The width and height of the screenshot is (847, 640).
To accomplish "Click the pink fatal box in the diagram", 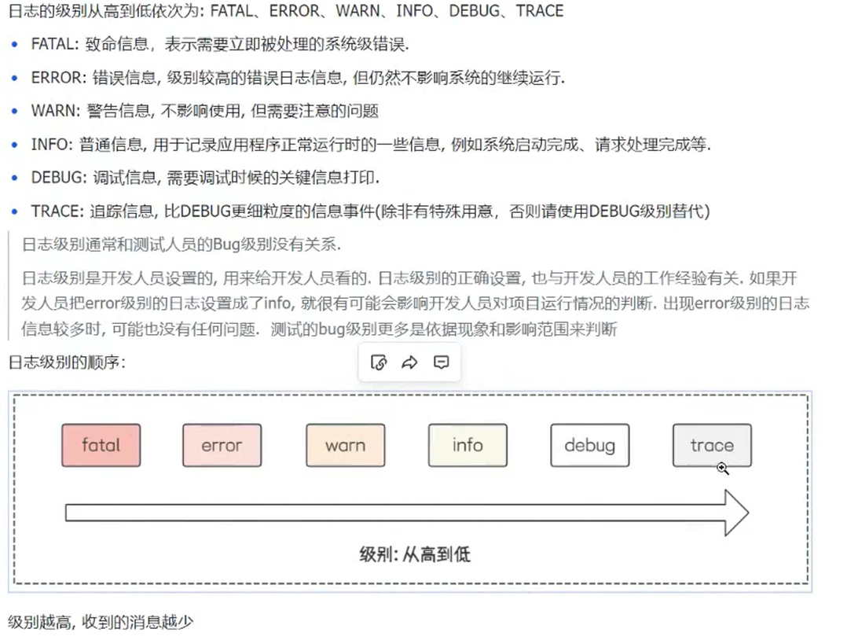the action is click(101, 445).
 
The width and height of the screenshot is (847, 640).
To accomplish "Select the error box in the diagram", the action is click(222, 445).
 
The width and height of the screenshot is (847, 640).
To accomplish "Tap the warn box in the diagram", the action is click(345, 445).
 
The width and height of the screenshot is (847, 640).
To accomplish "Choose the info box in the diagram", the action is click(467, 445).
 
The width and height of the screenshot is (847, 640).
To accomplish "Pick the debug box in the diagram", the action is click(589, 445).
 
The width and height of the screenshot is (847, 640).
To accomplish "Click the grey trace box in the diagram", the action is click(711, 445).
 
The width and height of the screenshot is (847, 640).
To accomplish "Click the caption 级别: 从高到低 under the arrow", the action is click(414, 554).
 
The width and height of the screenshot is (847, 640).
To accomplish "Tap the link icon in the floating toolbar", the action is click(379, 362).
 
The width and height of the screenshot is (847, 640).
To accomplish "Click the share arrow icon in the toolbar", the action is click(409, 362).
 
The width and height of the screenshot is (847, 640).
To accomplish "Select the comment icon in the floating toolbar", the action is click(442, 362).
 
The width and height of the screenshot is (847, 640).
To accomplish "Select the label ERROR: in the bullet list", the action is click(57, 77).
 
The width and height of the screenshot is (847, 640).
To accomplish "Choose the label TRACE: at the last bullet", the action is click(57, 211).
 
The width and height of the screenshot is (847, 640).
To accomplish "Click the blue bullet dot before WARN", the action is click(14, 111).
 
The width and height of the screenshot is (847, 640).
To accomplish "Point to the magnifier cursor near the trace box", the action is click(722, 468).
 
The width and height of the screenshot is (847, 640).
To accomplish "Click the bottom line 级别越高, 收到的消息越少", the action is click(100, 622).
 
